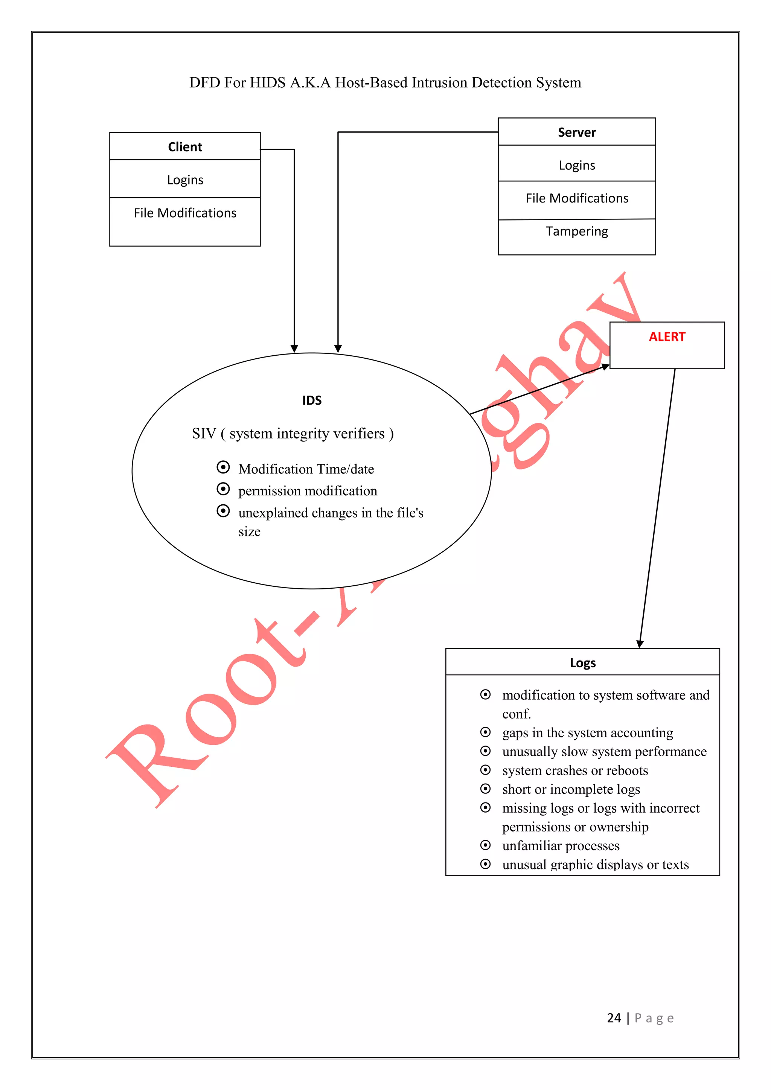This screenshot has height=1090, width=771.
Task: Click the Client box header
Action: (x=185, y=147)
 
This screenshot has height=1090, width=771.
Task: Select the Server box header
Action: (x=576, y=132)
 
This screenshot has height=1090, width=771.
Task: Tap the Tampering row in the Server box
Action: (x=576, y=231)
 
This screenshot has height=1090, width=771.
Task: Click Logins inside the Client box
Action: (x=185, y=180)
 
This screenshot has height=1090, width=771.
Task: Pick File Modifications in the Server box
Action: (x=576, y=198)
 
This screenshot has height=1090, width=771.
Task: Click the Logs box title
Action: (x=582, y=663)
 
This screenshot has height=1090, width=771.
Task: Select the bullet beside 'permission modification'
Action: (x=222, y=489)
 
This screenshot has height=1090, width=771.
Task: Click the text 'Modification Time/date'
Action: (x=306, y=469)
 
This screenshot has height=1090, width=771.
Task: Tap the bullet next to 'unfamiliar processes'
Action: (x=485, y=845)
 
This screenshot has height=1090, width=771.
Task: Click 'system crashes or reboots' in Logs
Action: (x=574, y=770)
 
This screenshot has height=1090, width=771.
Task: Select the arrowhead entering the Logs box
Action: (x=640, y=644)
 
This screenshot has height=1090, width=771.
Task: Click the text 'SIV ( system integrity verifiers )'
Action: (x=293, y=434)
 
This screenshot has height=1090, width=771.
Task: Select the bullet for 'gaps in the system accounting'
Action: (x=485, y=732)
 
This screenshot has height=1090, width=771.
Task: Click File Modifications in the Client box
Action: (x=185, y=213)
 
